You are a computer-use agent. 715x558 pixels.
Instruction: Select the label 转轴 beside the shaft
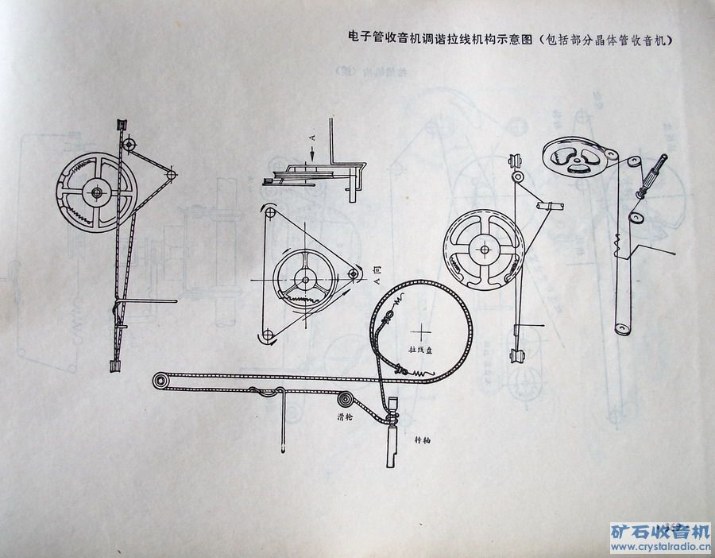pyautogui.click(x=423, y=439)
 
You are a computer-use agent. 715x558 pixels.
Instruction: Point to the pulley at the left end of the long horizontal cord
pyautogui.click(x=162, y=381)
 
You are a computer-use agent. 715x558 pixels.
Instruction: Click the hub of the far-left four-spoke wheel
pyautogui.click(x=97, y=192)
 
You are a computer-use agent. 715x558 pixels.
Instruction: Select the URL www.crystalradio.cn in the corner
pyautogui.click(x=659, y=546)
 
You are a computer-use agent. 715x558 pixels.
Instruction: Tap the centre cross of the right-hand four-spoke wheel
pyautogui.click(x=483, y=249)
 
